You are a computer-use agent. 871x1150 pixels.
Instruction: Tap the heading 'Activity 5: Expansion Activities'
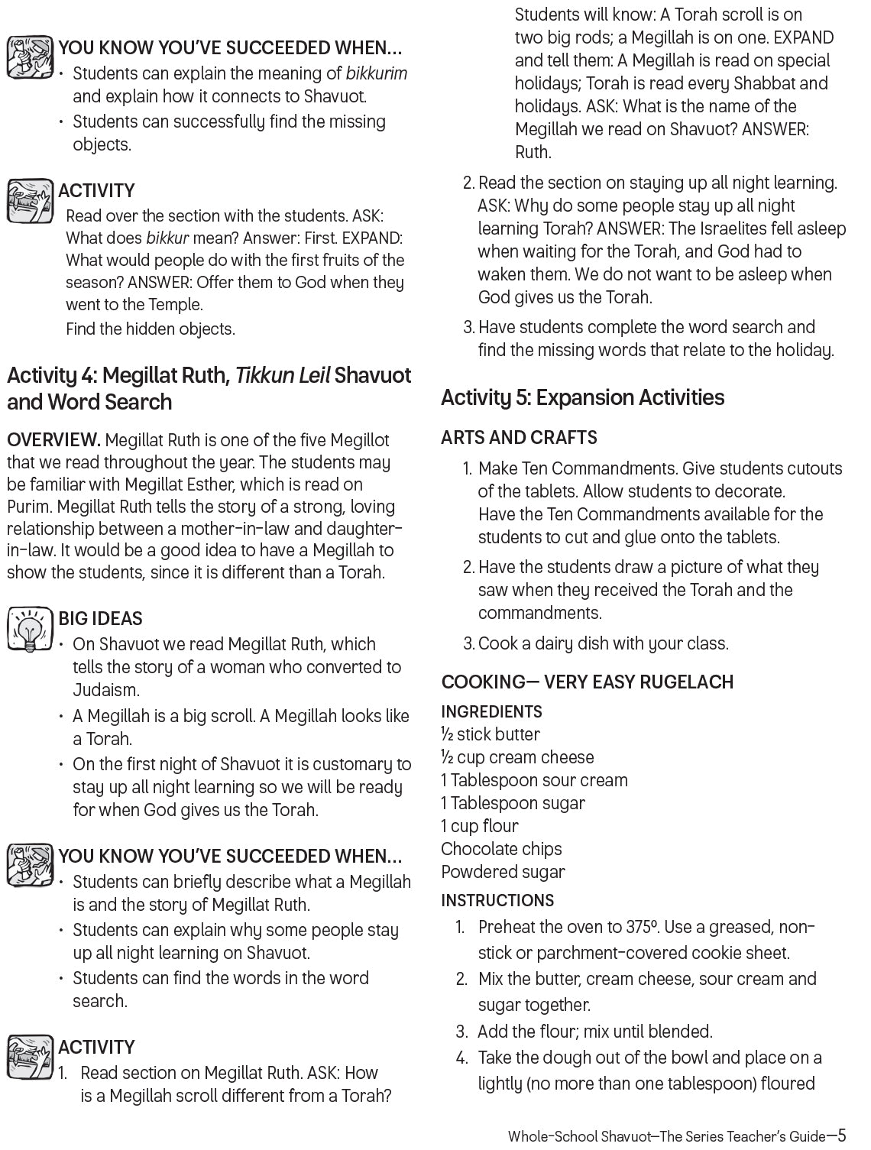click(x=582, y=397)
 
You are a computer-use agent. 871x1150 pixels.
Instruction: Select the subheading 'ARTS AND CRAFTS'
click(x=519, y=438)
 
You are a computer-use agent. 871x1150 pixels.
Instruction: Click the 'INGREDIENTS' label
click(x=491, y=712)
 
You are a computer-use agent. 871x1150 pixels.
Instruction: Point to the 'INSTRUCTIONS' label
click(x=497, y=900)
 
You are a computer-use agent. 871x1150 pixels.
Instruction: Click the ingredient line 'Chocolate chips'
click(x=501, y=849)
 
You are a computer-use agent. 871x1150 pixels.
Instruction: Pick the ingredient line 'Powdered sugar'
click(x=503, y=872)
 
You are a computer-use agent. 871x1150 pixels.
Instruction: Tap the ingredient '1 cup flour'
click(x=480, y=826)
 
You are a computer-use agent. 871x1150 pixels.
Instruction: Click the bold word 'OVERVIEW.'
click(x=53, y=440)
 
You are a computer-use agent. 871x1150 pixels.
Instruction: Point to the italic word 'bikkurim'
click(x=377, y=74)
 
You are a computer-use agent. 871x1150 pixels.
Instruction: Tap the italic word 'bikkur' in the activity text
click(x=167, y=238)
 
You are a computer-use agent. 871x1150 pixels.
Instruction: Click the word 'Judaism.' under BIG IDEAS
click(x=106, y=691)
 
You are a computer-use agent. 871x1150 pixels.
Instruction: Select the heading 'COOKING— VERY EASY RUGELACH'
click(x=587, y=682)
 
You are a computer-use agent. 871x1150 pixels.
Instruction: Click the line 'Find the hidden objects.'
click(x=151, y=329)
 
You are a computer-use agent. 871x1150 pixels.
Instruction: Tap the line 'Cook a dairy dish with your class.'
click(x=603, y=643)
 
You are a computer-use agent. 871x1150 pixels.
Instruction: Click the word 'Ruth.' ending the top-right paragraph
click(x=533, y=152)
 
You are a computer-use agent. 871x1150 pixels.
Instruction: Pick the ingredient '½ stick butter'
click(x=491, y=734)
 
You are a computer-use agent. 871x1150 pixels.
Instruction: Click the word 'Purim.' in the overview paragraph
click(x=30, y=507)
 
